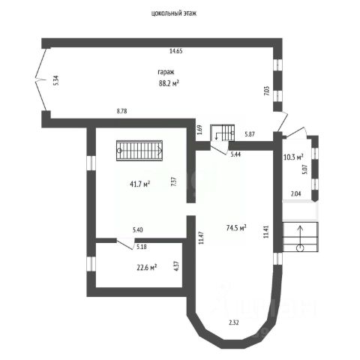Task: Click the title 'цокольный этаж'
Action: coord(174,13)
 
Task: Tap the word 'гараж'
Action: coord(166,72)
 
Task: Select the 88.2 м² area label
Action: coord(169,82)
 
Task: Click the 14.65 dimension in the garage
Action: coord(176,51)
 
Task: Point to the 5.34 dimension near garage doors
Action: coord(56,80)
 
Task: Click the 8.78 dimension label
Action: coord(121,111)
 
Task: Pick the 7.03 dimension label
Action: coord(266,91)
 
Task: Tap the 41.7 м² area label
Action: coord(139,184)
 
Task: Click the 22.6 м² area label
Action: coord(146,268)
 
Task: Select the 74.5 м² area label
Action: coord(236,228)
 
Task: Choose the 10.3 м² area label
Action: coord(293,157)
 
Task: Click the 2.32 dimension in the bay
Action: coord(234,322)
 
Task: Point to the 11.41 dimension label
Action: coord(266,232)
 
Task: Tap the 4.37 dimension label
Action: coord(176,266)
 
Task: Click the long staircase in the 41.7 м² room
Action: coord(139,151)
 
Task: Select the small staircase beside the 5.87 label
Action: coord(223,133)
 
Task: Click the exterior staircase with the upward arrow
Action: coord(300,237)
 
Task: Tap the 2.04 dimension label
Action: coord(295,193)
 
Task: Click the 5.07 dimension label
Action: coord(304,169)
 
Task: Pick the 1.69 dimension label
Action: coord(199,130)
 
